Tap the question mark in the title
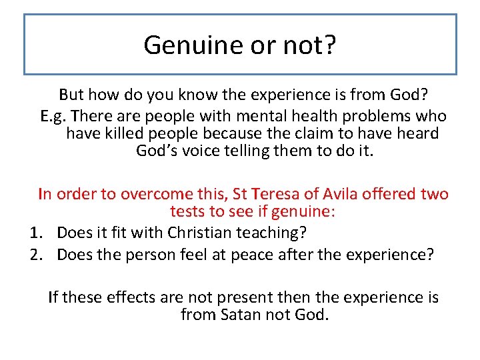330,45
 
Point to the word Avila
344,194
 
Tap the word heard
417,133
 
